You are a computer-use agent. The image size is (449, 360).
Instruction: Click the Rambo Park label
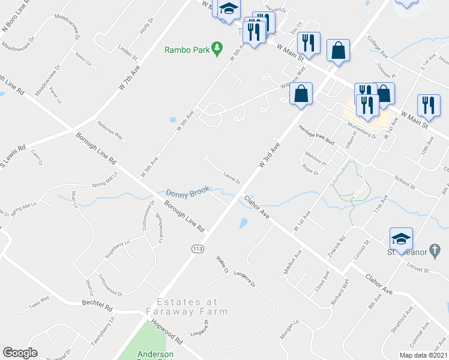[187, 49]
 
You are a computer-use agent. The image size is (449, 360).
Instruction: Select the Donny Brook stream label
[188, 193]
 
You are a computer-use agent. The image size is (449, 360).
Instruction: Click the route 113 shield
[196, 248]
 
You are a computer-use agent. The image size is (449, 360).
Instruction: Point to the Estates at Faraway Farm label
[193, 307]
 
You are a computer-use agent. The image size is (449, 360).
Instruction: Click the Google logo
[20, 353]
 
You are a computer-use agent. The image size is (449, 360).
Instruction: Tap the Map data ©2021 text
[423, 355]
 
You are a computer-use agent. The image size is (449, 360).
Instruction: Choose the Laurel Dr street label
[231, 177]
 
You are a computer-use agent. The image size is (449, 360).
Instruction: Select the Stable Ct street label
[223, 265]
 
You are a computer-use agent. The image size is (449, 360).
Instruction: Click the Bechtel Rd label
[97, 305]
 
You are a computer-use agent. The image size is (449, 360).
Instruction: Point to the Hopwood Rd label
[167, 331]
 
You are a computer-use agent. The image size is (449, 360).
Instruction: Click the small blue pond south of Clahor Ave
[243, 224]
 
